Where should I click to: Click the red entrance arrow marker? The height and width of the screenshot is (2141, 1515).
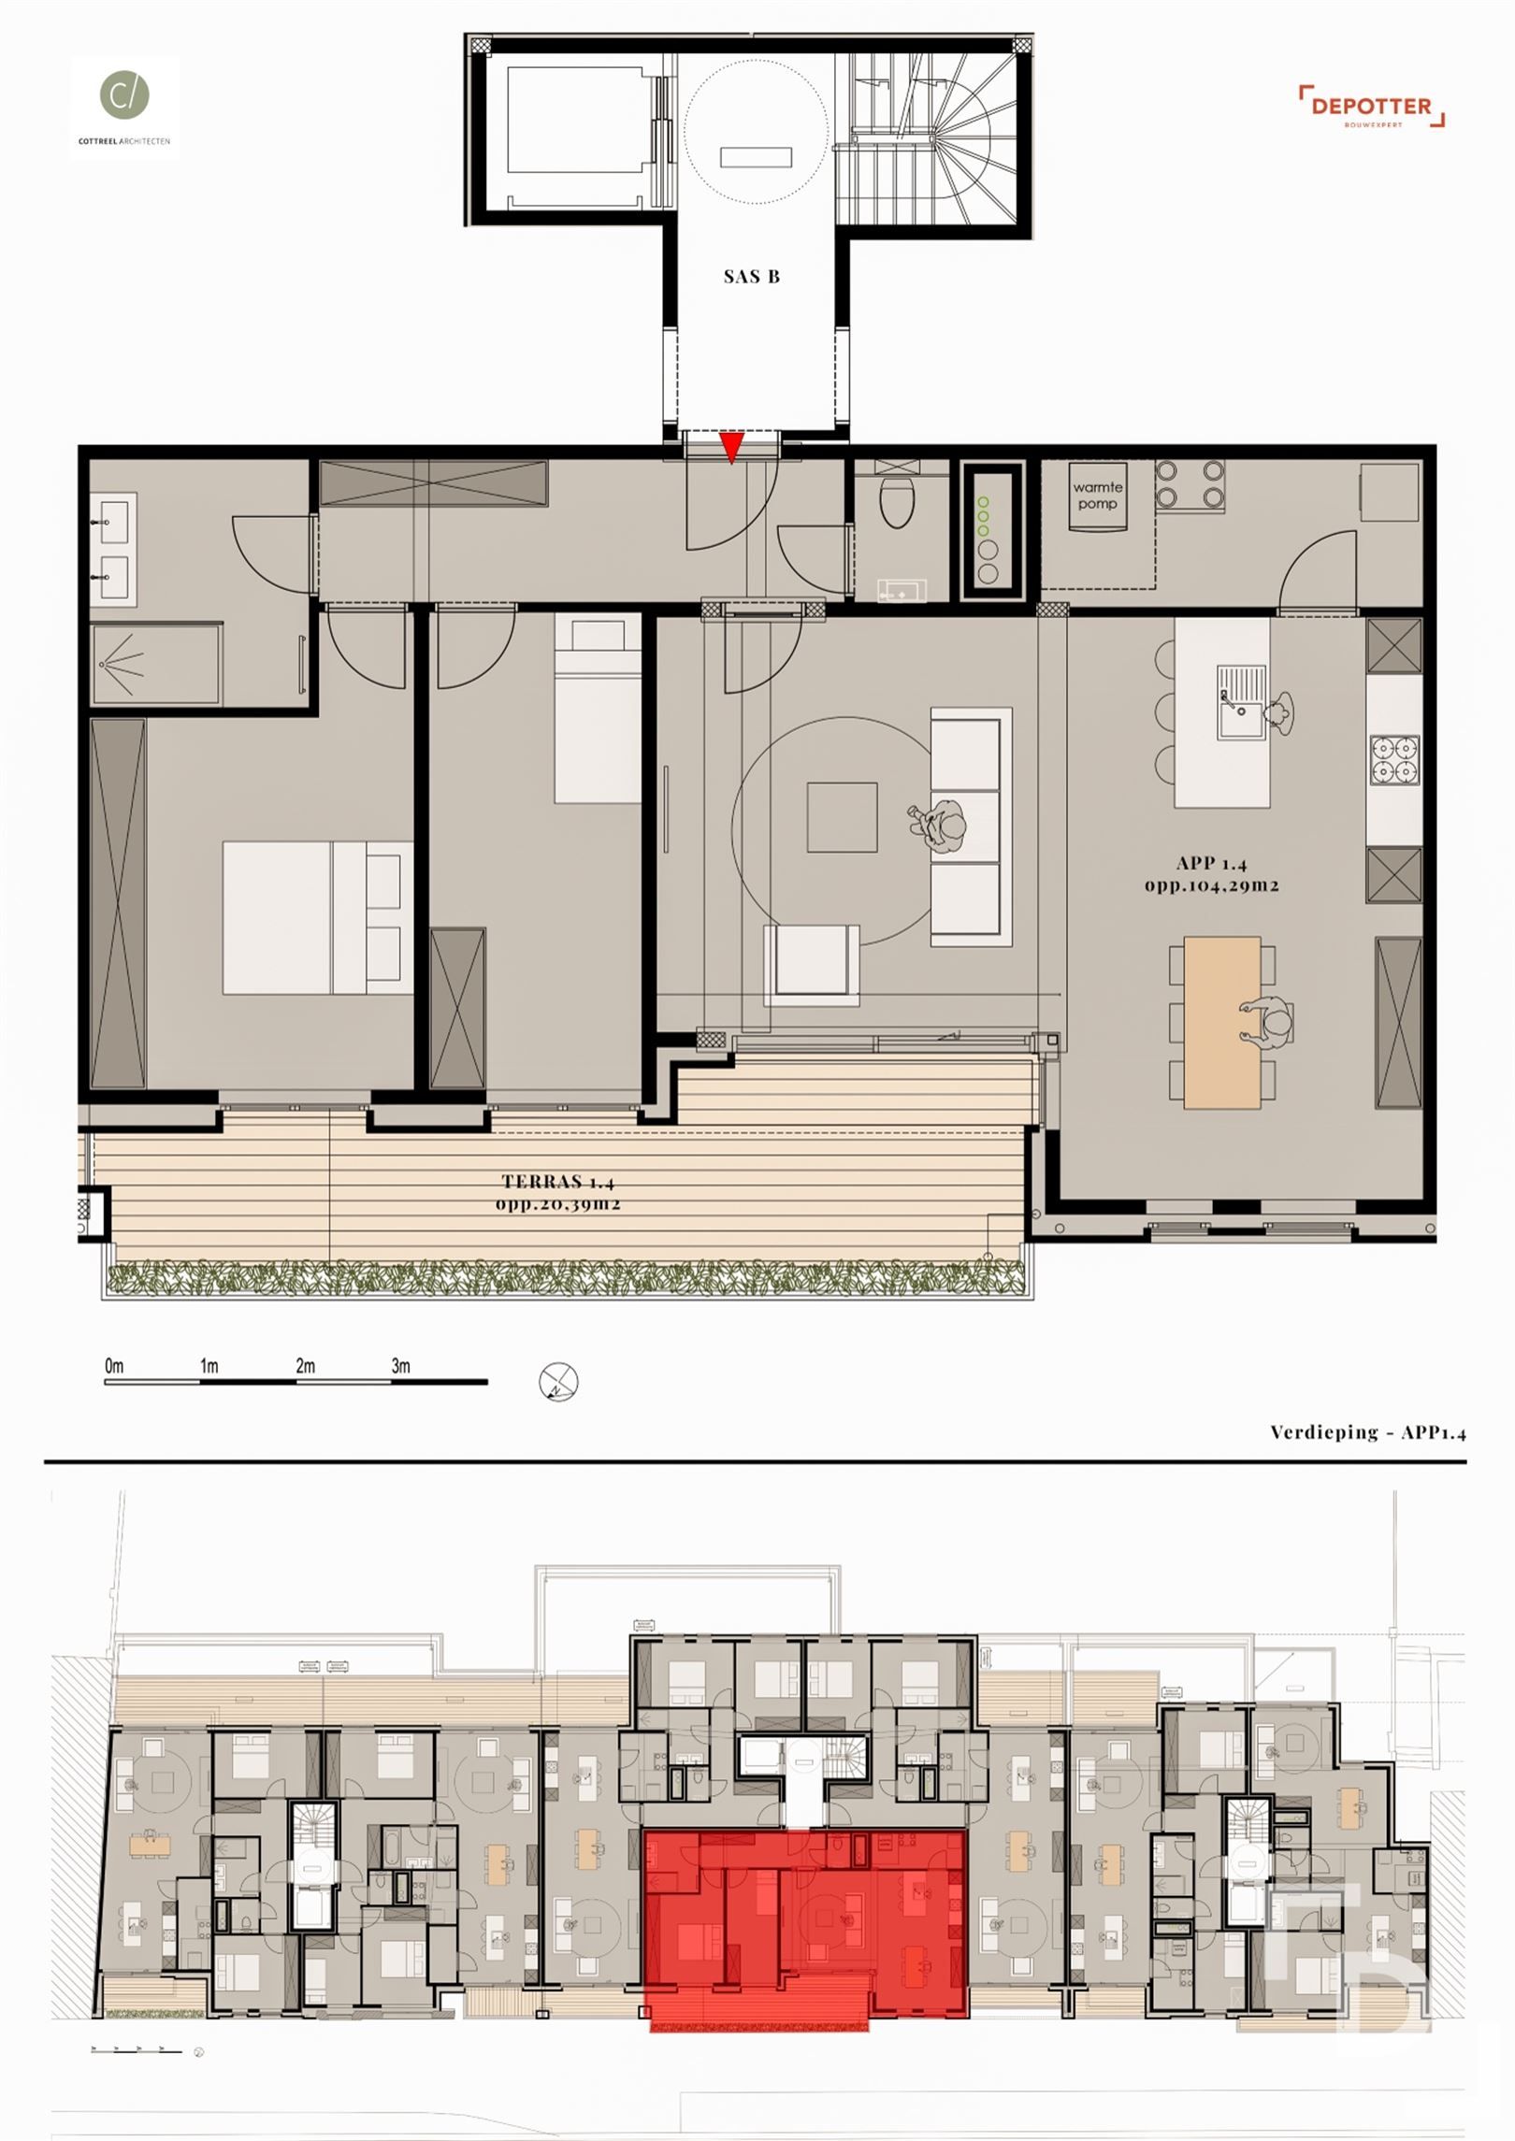pos(731,447)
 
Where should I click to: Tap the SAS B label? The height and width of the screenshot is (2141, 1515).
pos(751,277)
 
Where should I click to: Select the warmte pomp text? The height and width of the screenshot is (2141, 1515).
pos(1098,496)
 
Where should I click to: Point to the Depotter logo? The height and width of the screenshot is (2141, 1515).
pos(1371,106)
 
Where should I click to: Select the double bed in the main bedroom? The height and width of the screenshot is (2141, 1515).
pos(318,917)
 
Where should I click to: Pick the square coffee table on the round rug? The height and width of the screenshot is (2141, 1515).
pos(842,818)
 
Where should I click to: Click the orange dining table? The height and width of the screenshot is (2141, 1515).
pos(1222,1023)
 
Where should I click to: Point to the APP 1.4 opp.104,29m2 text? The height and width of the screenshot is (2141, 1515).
pos(1211,874)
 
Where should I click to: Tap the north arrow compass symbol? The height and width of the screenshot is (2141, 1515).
pos(558,1381)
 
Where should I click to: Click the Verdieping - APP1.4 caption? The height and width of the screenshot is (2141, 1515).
pos(1366,1431)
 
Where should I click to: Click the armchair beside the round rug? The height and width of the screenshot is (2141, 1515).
pos(811,964)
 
